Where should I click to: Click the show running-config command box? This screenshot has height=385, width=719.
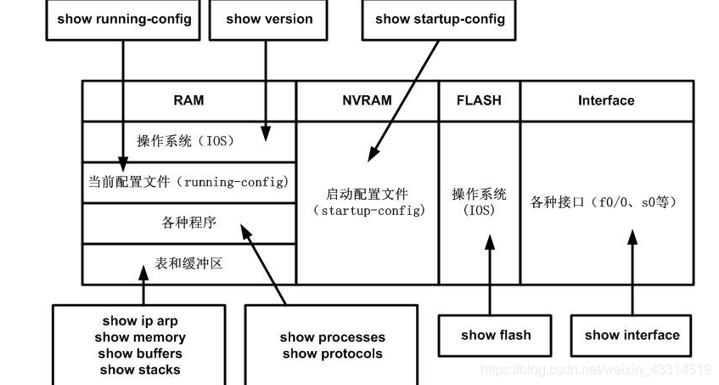point(124,19)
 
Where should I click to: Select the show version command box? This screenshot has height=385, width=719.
point(269,19)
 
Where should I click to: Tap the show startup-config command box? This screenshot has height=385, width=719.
point(439,19)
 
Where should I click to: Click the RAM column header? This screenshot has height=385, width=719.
point(188,100)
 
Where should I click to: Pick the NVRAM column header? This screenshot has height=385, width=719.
point(366,100)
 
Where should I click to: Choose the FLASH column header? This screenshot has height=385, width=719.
point(479,100)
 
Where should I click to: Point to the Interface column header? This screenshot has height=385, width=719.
point(606,100)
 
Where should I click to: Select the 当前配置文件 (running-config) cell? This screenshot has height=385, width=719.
point(188,182)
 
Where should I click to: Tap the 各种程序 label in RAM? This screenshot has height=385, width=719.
point(188,223)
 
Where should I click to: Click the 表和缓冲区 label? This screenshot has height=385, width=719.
point(188,263)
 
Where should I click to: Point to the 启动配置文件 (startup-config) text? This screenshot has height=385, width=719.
point(367,201)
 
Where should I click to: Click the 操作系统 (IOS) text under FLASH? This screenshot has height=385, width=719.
point(479,201)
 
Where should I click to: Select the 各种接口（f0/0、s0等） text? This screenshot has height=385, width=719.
point(603,202)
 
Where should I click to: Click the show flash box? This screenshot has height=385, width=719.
point(496,335)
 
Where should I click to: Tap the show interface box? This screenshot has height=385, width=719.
point(632,335)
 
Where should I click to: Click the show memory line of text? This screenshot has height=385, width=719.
point(140,337)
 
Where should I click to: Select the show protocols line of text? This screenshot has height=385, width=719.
point(332,354)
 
